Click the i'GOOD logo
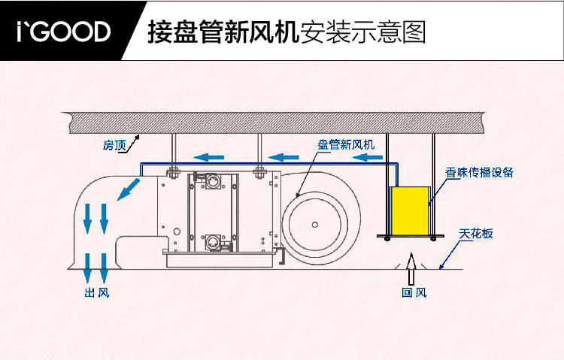[64, 31]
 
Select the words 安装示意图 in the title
[362, 31]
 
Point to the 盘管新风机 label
[345, 144]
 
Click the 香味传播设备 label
[479, 171]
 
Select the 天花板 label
[477, 234]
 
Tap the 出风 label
[97, 292]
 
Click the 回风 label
[414, 292]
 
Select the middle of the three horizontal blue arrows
[285, 157]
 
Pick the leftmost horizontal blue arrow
[208, 157]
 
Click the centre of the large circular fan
[314, 223]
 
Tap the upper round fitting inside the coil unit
[212, 181]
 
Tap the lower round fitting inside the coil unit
[211, 241]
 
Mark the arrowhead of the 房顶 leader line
[137, 136]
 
